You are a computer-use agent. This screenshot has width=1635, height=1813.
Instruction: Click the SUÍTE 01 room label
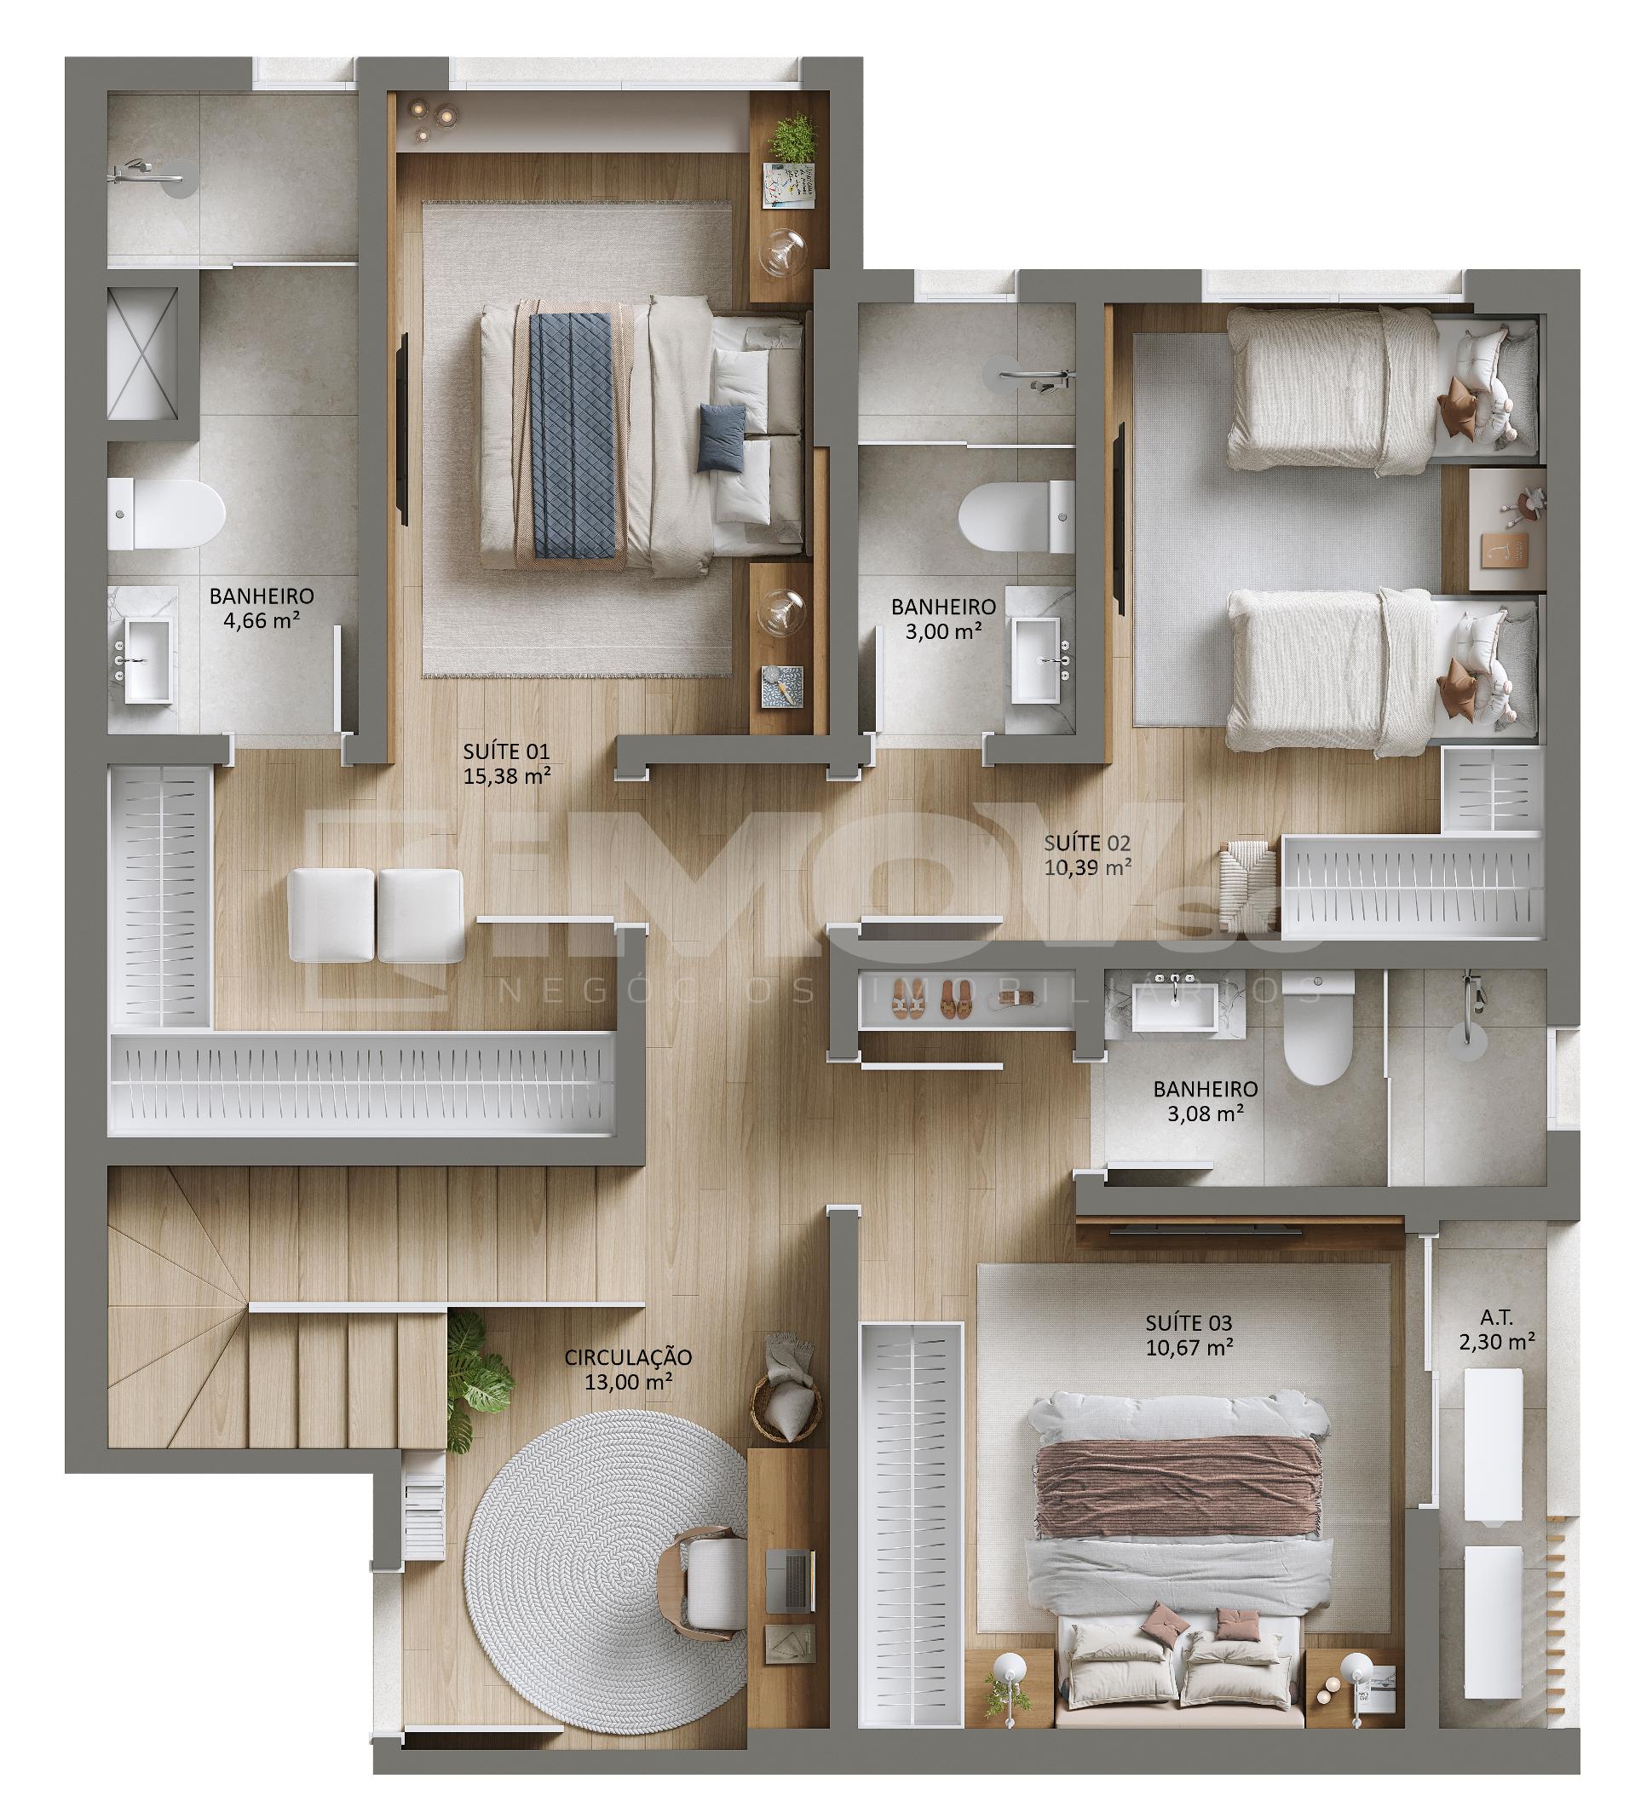tap(506, 751)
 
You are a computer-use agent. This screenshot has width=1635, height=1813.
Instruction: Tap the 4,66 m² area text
tap(262, 620)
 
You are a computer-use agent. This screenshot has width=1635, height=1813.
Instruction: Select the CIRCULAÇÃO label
tap(628, 1356)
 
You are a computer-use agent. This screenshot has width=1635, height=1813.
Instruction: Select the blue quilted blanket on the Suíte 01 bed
tap(573, 435)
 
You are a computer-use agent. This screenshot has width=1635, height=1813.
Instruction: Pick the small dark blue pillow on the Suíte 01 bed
tap(722, 438)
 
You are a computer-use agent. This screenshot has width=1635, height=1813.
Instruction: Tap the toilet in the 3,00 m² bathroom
tap(1016, 517)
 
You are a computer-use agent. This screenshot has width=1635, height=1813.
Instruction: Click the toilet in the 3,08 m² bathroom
tap(1318, 1028)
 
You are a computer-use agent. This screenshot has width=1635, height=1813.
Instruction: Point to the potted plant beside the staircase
tap(479, 1373)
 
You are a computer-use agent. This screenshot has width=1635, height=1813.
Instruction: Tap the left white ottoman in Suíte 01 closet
tap(331, 914)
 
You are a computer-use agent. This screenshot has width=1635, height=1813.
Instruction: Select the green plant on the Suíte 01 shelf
tap(792, 138)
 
